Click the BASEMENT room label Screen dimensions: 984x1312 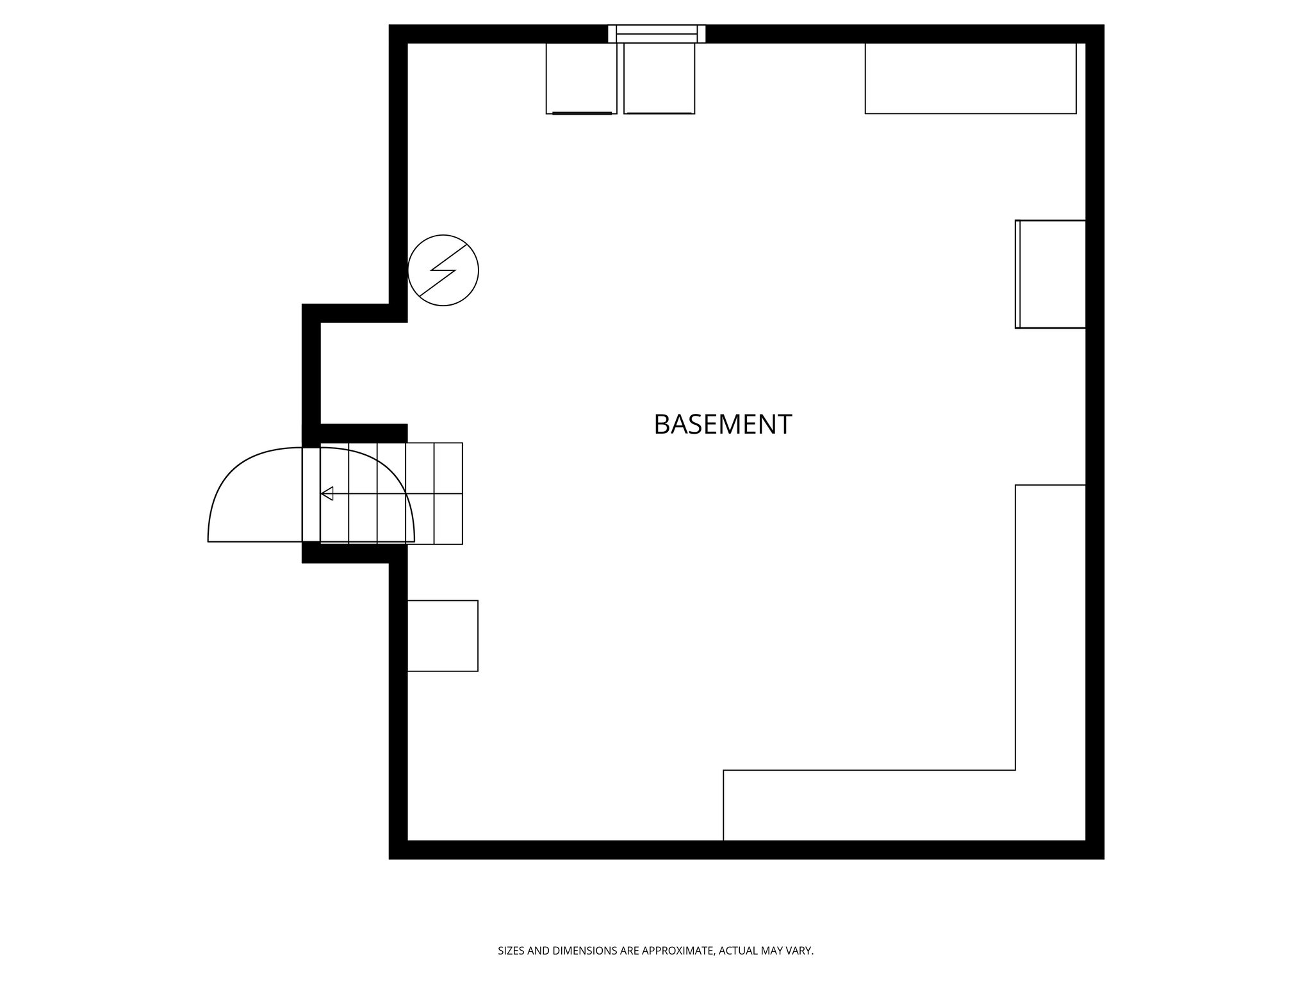pyautogui.click(x=722, y=424)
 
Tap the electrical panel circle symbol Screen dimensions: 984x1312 pyautogui.click(x=443, y=270)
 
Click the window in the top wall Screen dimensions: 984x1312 pyautogui.click(x=657, y=33)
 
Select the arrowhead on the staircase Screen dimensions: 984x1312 pyautogui.click(x=327, y=493)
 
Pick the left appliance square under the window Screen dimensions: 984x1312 pyautogui.click(x=581, y=78)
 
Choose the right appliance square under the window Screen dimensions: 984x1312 pyautogui.click(x=659, y=78)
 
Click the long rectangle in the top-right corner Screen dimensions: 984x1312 pyautogui.click(x=970, y=78)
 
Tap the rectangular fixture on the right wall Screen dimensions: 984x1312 pyautogui.click(x=1051, y=274)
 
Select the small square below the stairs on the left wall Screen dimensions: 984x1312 pyautogui.click(x=443, y=635)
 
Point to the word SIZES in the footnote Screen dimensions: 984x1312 pyautogui.click(x=511, y=951)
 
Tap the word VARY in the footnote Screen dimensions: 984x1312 pyautogui.click(x=800, y=951)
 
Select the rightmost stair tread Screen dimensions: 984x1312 pyautogui.click(x=448, y=493)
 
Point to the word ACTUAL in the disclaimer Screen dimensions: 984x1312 pyautogui.click(x=737, y=951)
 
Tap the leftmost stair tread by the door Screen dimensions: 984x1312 pyautogui.click(x=311, y=493)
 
